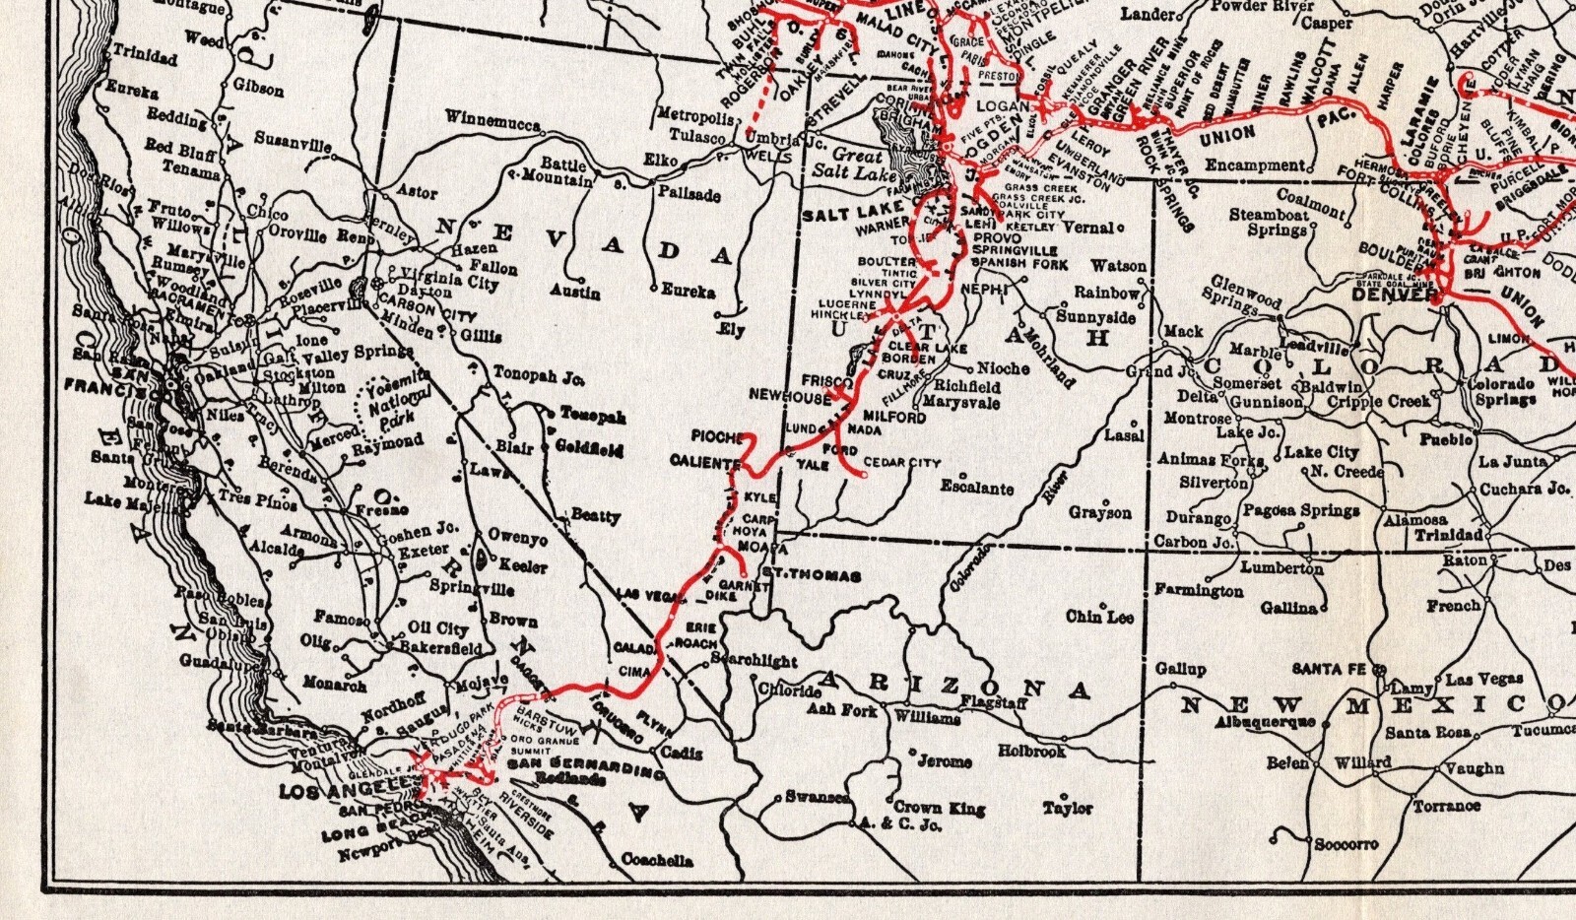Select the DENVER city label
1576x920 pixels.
pyautogui.click(x=1394, y=294)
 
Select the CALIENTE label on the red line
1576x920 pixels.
pyautogui.click(x=704, y=461)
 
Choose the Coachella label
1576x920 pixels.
pyautogui.click(x=657, y=860)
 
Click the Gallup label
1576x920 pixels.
pyautogui.click(x=1180, y=669)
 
